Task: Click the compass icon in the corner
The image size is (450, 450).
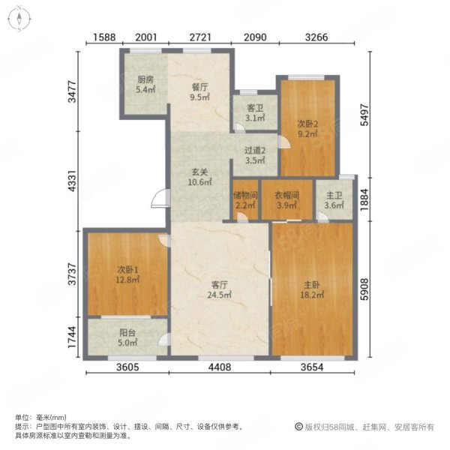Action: [19, 19]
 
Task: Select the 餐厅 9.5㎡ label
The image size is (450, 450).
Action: [199, 91]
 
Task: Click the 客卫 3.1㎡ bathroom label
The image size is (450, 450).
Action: [255, 112]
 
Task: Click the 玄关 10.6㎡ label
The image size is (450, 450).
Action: [199, 177]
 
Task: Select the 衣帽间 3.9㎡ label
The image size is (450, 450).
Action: [287, 200]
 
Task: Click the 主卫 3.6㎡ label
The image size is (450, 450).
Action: [334, 200]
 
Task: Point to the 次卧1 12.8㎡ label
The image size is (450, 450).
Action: [127, 274]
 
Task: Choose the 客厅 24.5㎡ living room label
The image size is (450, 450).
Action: [220, 289]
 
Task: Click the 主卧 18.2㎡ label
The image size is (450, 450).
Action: [312, 289]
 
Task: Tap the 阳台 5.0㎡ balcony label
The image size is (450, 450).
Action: [127, 337]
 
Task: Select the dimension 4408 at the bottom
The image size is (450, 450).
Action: [220, 367]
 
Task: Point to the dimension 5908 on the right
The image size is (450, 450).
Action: [364, 289]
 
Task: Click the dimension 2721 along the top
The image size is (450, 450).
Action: [200, 37]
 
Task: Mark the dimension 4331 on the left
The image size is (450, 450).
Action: [72, 181]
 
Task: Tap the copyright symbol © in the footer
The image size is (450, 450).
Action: [299, 427]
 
